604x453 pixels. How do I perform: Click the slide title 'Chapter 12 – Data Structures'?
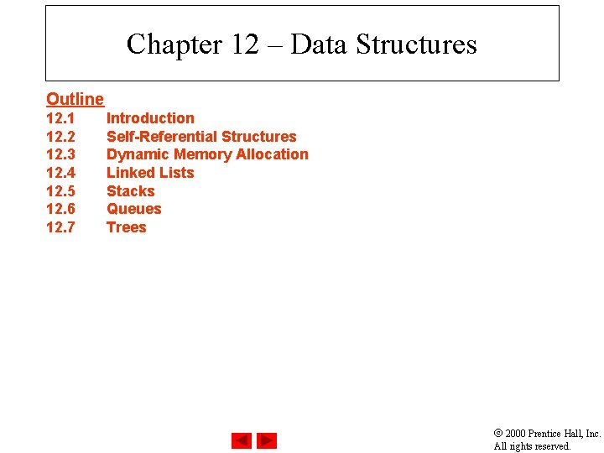click(301, 44)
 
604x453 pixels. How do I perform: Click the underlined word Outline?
click(75, 100)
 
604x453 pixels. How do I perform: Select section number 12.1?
click(60, 118)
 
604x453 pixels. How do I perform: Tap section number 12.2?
click(60, 137)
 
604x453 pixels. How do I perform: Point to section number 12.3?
click(60, 154)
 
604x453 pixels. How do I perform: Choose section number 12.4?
click(60, 173)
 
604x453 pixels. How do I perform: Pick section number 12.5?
click(60, 191)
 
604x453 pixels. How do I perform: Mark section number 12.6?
click(60, 209)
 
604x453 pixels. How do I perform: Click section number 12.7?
click(60, 227)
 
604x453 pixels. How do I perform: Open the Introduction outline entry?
click(150, 118)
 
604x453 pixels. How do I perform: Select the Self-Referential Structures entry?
click(201, 137)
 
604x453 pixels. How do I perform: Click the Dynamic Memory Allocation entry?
click(207, 154)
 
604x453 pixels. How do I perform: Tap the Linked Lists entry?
click(150, 173)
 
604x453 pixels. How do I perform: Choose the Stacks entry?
click(130, 191)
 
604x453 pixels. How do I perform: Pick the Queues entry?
click(133, 209)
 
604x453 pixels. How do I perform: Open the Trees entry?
click(126, 227)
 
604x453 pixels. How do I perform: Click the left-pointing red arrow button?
click(242, 440)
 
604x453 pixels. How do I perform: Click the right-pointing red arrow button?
click(267, 440)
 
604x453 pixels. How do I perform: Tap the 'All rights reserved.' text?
click(532, 446)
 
